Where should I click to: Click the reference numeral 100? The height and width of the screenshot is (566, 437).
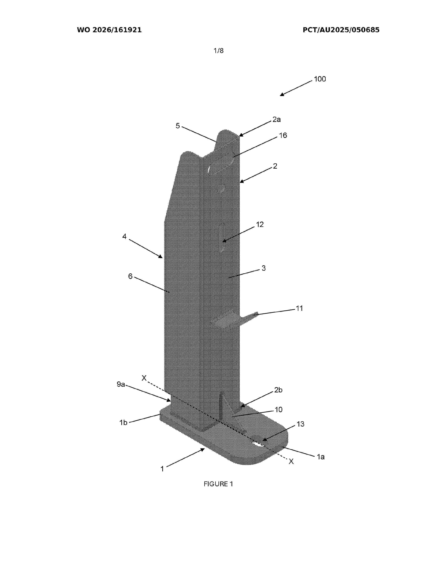pos(320,79)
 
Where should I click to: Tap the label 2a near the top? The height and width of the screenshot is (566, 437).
pos(276,120)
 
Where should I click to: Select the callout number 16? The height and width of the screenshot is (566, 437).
pos(283,135)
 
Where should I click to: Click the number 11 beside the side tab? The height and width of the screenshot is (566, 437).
pos(299,308)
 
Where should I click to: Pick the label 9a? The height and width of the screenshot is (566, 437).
pos(121,384)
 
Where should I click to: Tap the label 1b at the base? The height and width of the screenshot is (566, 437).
pos(123,423)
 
